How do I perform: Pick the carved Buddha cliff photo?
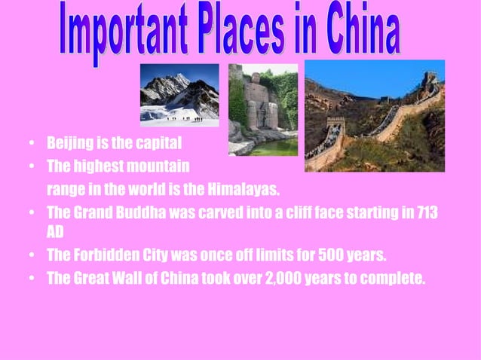[263, 108]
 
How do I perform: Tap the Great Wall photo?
[374, 115]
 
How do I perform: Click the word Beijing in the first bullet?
[69, 142]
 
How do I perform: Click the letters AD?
[56, 233]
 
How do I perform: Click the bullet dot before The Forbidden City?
[30, 255]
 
